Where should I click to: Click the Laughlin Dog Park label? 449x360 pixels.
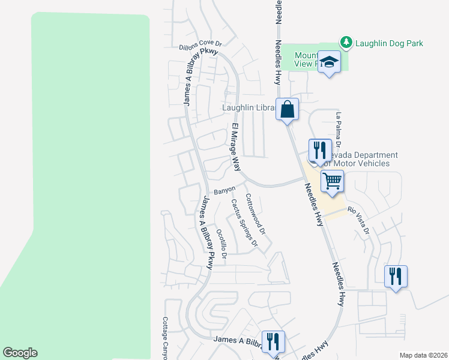click(389, 43)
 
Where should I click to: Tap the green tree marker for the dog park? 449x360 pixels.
click(346, 43)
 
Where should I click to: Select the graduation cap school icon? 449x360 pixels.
click(330, 62)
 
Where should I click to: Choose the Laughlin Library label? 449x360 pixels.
click(249, 108)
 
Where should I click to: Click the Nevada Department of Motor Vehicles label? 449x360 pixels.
click(357, 159)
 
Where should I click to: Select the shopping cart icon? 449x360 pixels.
click(332, 179)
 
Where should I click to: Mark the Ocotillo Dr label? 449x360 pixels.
click(221, 243)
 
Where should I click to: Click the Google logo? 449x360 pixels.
click(20, 353)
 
